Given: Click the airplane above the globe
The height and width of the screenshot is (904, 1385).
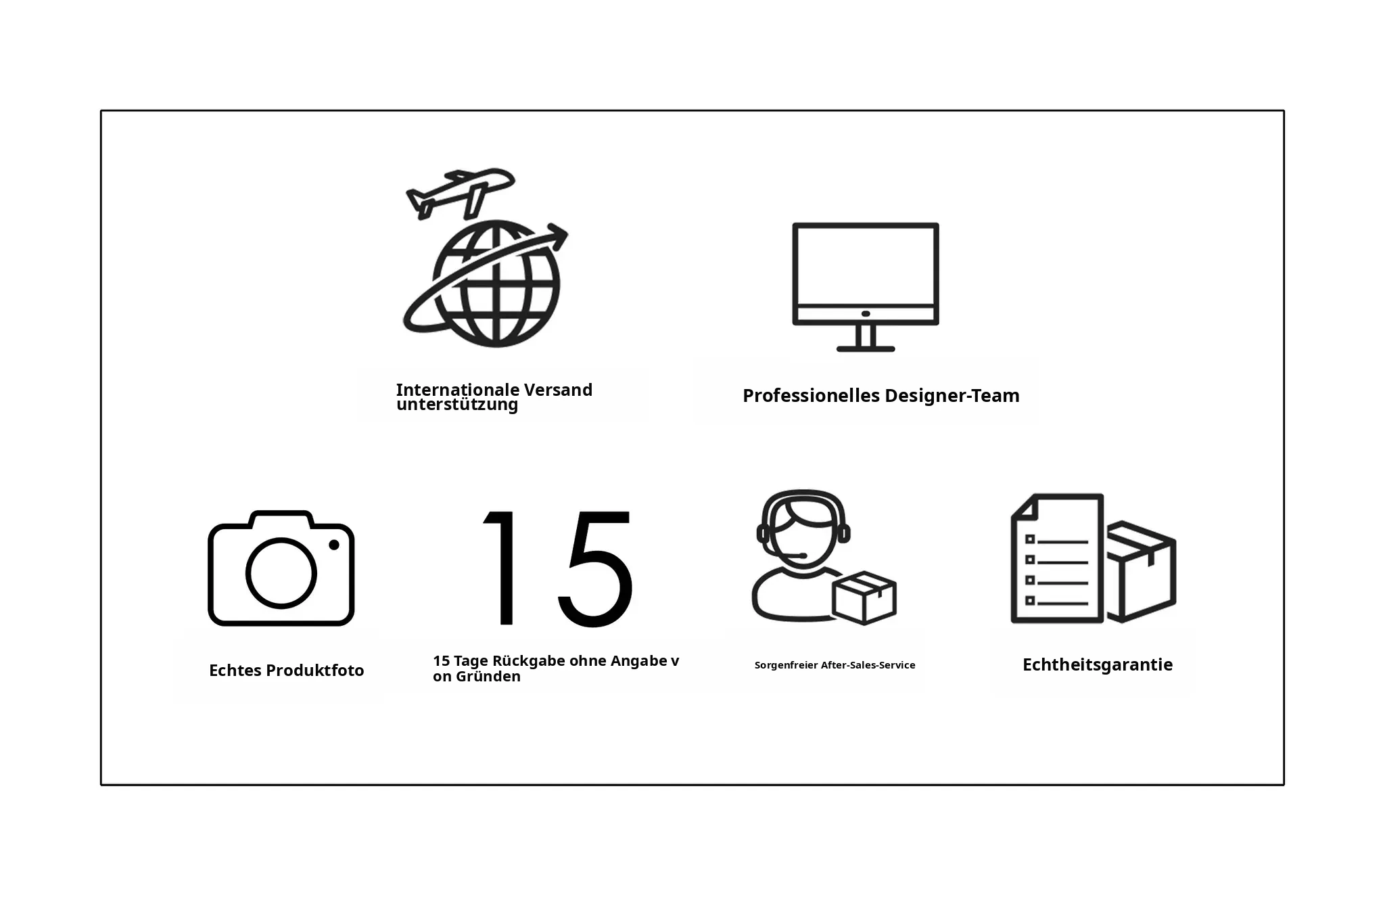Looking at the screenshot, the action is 461,192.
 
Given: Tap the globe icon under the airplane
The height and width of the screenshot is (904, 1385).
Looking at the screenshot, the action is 496,284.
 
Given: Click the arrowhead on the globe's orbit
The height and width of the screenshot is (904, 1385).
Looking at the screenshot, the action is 559,236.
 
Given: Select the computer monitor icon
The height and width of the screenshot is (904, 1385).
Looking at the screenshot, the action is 866,287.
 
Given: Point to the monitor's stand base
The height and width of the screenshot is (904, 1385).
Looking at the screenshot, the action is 866,348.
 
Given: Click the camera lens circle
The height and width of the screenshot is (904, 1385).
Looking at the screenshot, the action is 281,573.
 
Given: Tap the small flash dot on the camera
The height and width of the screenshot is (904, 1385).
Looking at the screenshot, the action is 334,545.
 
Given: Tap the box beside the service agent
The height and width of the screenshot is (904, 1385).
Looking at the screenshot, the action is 864,597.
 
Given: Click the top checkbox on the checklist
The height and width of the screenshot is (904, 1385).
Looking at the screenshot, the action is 1030,539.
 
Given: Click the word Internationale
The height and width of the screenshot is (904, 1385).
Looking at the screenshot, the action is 458,390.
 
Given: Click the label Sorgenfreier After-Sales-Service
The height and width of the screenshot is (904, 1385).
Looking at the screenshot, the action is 835,665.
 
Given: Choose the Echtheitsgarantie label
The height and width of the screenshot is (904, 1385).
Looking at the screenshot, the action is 1098,664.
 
